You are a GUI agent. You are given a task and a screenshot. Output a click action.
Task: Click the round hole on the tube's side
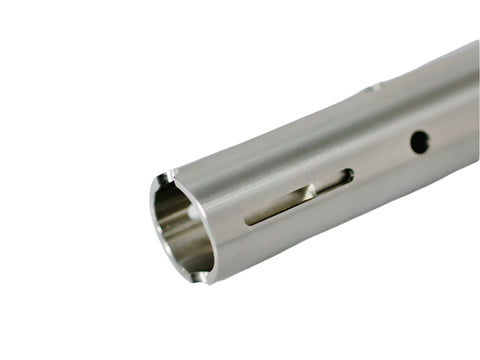[420, 142]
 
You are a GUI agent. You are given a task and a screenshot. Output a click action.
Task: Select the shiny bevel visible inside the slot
[310, 190]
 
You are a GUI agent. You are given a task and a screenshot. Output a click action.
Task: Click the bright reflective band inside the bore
[185, 245]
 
